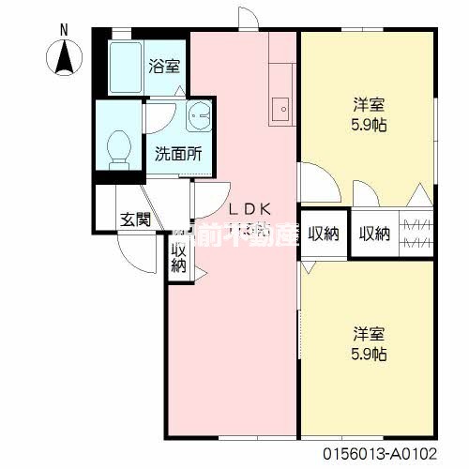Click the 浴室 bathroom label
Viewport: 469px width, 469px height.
(164, 67)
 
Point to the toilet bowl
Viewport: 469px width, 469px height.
(119, 148)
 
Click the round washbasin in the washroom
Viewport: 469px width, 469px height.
(200, 117)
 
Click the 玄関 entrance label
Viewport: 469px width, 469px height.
(135, 220)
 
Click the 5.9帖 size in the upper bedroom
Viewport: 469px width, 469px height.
(367, 126)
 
